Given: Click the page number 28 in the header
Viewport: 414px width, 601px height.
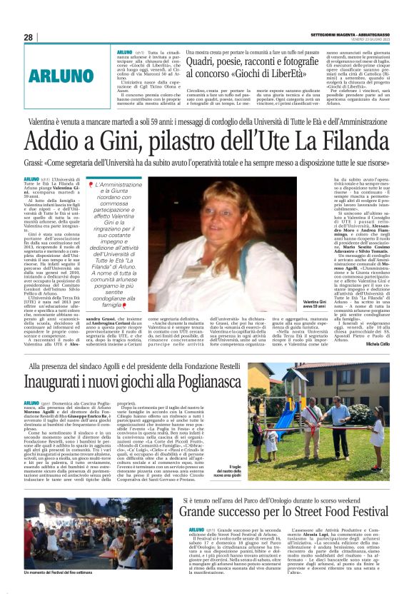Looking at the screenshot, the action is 28,37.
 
